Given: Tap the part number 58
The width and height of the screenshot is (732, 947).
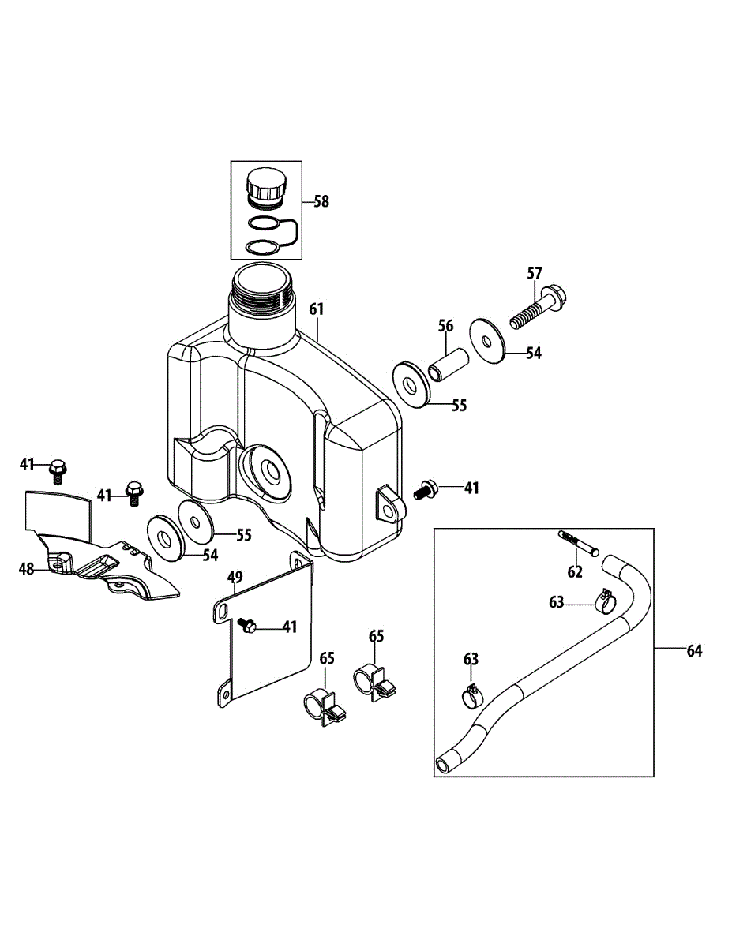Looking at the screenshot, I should (x=321, y=201).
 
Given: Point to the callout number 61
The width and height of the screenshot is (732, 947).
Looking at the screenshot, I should (x=316, y=309).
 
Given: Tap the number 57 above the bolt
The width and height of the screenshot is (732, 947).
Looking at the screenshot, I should (x=535, y=273).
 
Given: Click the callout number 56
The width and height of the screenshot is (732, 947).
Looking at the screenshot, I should (x=445, y=326).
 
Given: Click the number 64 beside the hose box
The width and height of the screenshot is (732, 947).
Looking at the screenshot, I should (x=694, y=650).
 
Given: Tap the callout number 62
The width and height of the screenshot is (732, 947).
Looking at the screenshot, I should (x=574, y=572).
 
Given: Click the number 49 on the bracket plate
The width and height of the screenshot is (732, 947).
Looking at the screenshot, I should (x=235, y=578).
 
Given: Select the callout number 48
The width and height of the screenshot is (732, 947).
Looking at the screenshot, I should (x=28, y=568).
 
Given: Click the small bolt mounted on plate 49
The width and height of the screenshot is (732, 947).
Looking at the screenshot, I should (x=247, y=626).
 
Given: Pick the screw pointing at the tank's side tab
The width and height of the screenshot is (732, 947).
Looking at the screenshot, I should (x=427, y=490).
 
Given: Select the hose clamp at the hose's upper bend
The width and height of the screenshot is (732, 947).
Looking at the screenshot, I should (x=603, y=601).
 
